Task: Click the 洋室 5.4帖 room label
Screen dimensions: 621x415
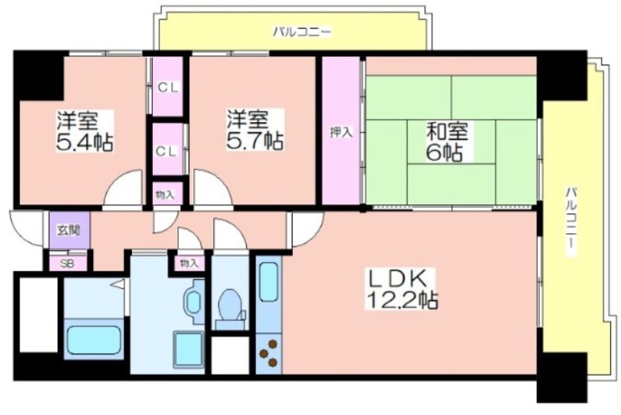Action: [x=85, y=131]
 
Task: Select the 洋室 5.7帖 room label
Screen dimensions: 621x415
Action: [x=255, y=130]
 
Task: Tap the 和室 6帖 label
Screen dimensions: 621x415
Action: [x=447, y=141]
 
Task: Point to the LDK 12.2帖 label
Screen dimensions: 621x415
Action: [x=401, y=289]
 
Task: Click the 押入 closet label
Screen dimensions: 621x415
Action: [x=342, y=132]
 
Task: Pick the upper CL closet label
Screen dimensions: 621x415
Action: [x=168, y=87]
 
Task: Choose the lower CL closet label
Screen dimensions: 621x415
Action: [x=167, y=151]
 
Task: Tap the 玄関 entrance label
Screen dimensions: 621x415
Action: [x=69, y=230]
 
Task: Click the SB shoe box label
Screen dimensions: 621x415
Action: [x=68, y=264]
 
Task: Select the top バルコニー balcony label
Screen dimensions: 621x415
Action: [x=302, y=32]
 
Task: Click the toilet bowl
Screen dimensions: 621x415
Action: [x=231, y=305]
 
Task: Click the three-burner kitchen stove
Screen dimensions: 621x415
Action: [x=269, y=353]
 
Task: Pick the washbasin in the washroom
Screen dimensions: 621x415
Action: [x=194, y=302]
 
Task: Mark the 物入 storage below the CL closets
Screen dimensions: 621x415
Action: [x=165, y=194]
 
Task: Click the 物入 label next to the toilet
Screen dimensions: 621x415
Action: [x=188, y=263]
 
